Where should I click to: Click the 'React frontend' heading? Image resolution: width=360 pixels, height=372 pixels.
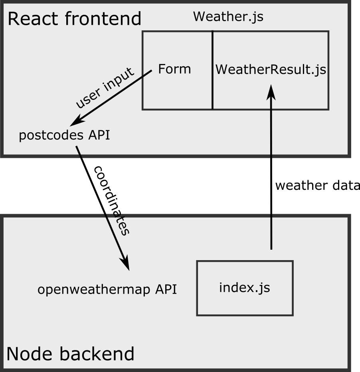point(74,19)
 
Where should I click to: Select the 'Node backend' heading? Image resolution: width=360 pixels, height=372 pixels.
point(70,354)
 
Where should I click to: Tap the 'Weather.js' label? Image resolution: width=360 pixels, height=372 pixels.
point(228,17)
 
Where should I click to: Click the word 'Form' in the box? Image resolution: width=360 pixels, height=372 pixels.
point(174,69)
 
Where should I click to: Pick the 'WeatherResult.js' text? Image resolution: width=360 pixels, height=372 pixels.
point(271,70)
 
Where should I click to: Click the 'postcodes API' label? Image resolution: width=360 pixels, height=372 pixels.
point(64,135)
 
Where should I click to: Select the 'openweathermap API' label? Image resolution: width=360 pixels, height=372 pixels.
point(107,289)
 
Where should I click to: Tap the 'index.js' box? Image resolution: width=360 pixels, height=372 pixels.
point(245,288)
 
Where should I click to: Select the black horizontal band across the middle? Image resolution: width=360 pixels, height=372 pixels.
point(180,186)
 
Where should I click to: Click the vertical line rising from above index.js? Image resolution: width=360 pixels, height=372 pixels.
point(271,234)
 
